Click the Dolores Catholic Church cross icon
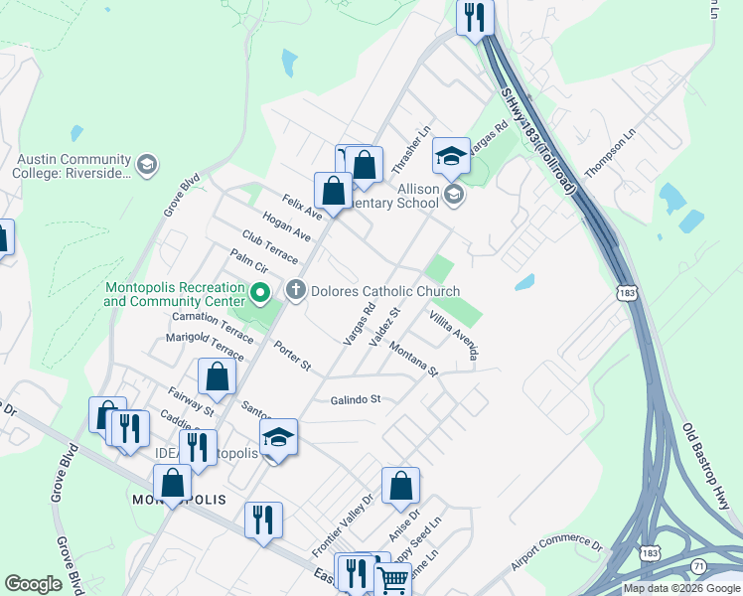(x=295, y=291)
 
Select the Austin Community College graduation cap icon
(x=147, y=164)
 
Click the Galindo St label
(x=356, y=399)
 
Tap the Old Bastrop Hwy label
(x=707, y=467)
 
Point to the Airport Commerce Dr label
(x=556, y=555)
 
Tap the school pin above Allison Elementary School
(x=451, y=155)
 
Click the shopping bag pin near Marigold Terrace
(x=217, y=377)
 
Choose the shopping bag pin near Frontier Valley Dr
(x=400, y=486)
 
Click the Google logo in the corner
(x=33, y=584)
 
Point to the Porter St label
(x=293, y=359)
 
